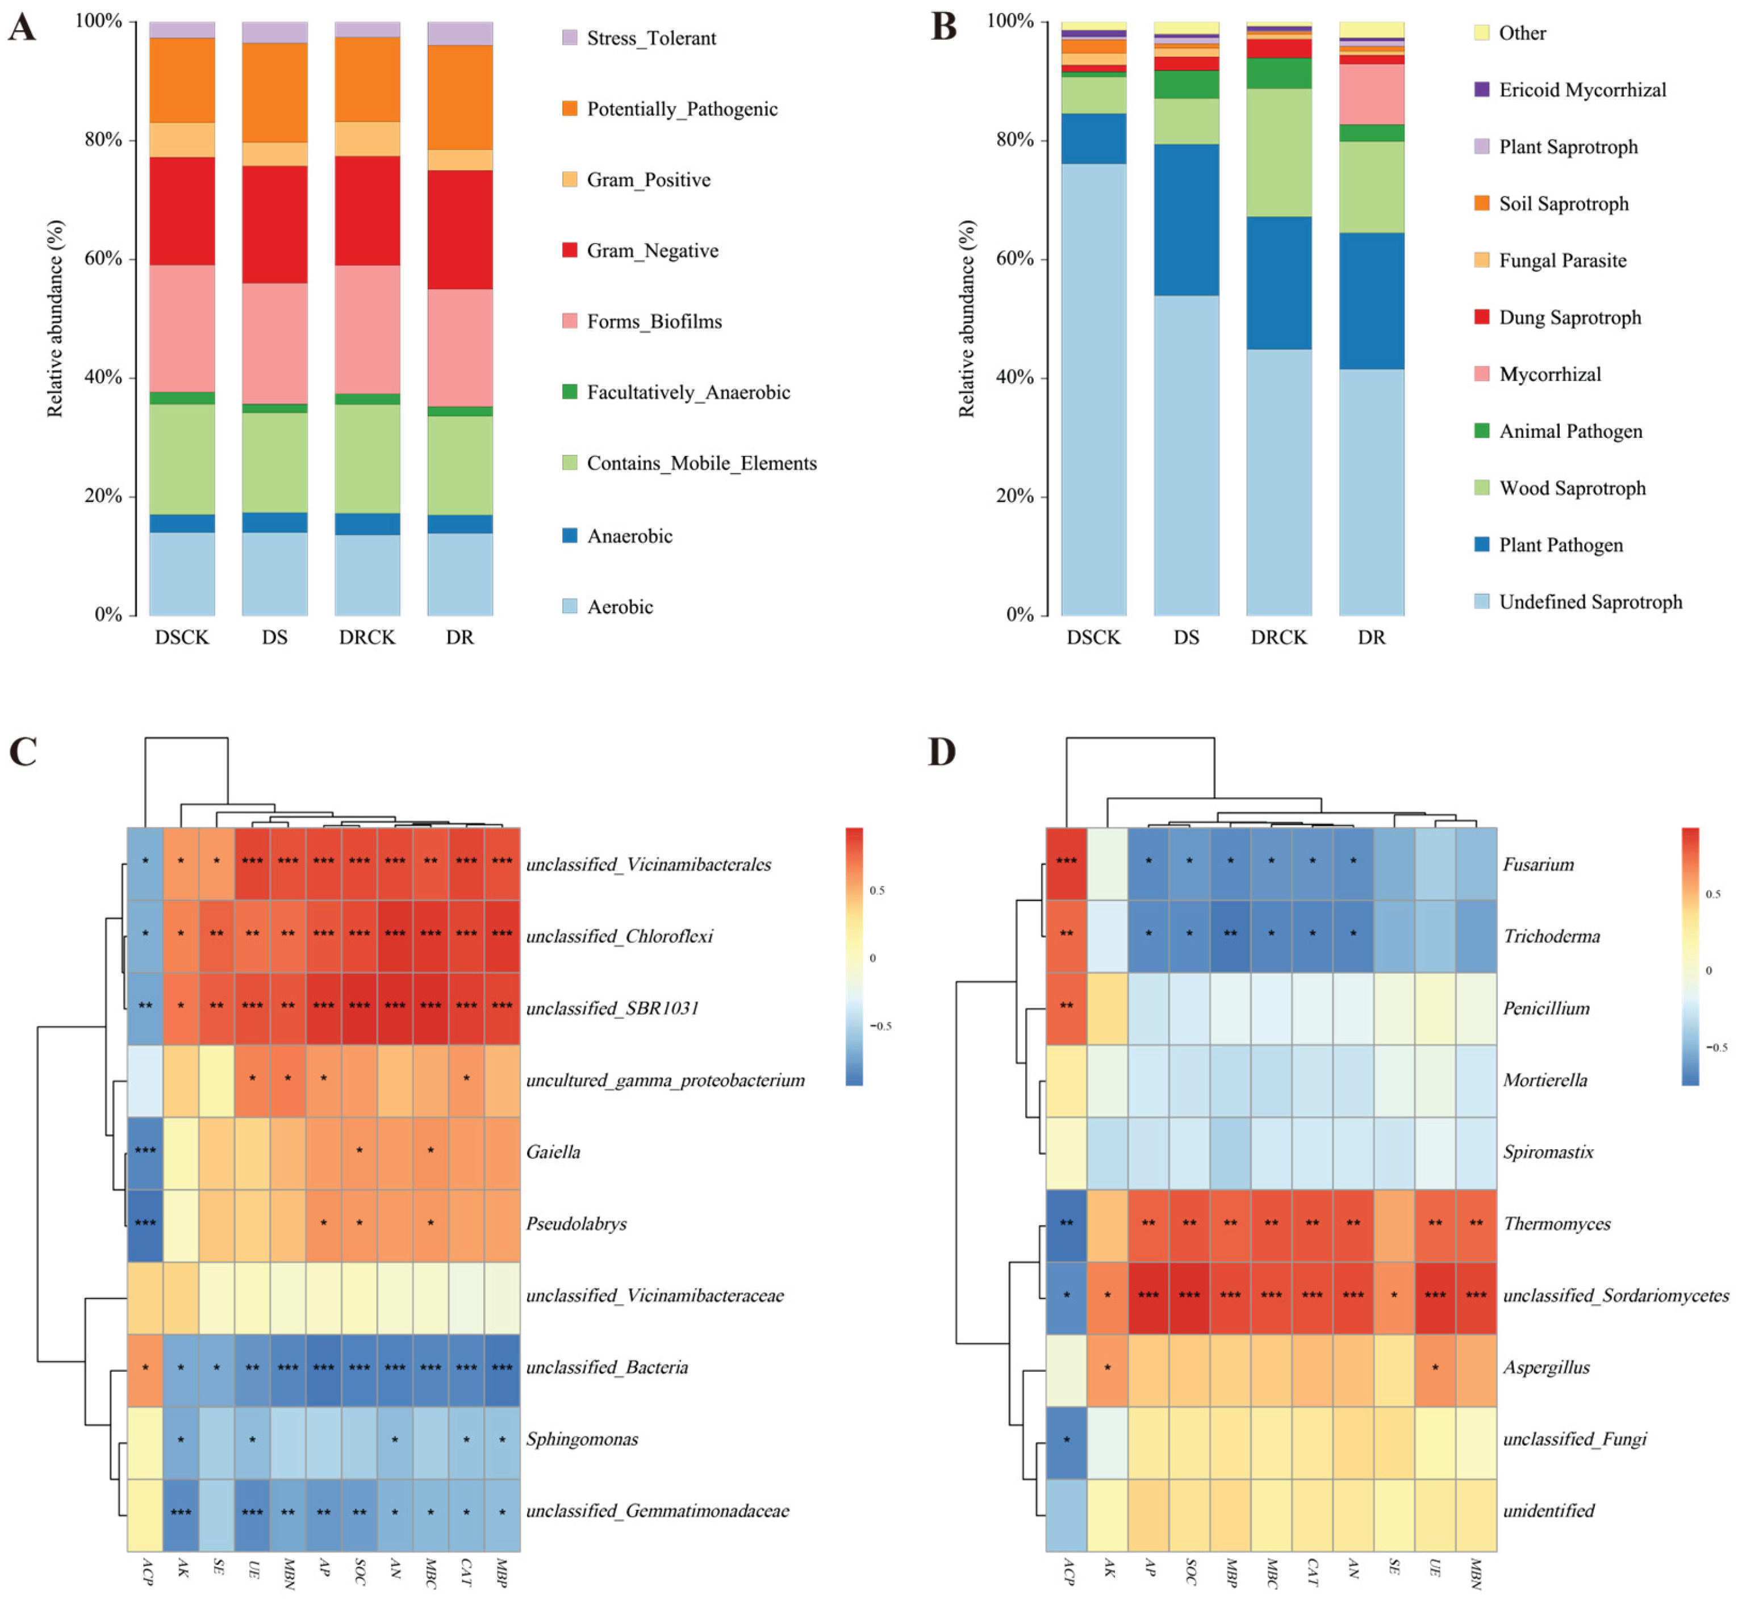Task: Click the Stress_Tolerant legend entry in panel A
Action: [x=650, y=38]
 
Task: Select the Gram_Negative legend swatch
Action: [x=570, y=250]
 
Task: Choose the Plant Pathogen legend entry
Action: [x=1560, y=545]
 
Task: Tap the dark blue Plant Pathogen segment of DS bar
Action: [x=1186, y=220]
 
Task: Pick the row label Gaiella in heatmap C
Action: [x=553, y=1152]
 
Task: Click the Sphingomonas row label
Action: [x=582, y=1439]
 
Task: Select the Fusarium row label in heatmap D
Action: [x=1538, y=865]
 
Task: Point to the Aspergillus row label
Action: [x=1546, y=1367]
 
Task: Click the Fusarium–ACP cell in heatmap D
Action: [x=1066, y=864]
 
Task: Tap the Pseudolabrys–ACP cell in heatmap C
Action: [x=145, y=1224]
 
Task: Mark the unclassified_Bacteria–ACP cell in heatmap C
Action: [x=145, y=1367]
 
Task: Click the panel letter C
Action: [x=23, y=752]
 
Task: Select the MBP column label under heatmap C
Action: [x=502, y=1572]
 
